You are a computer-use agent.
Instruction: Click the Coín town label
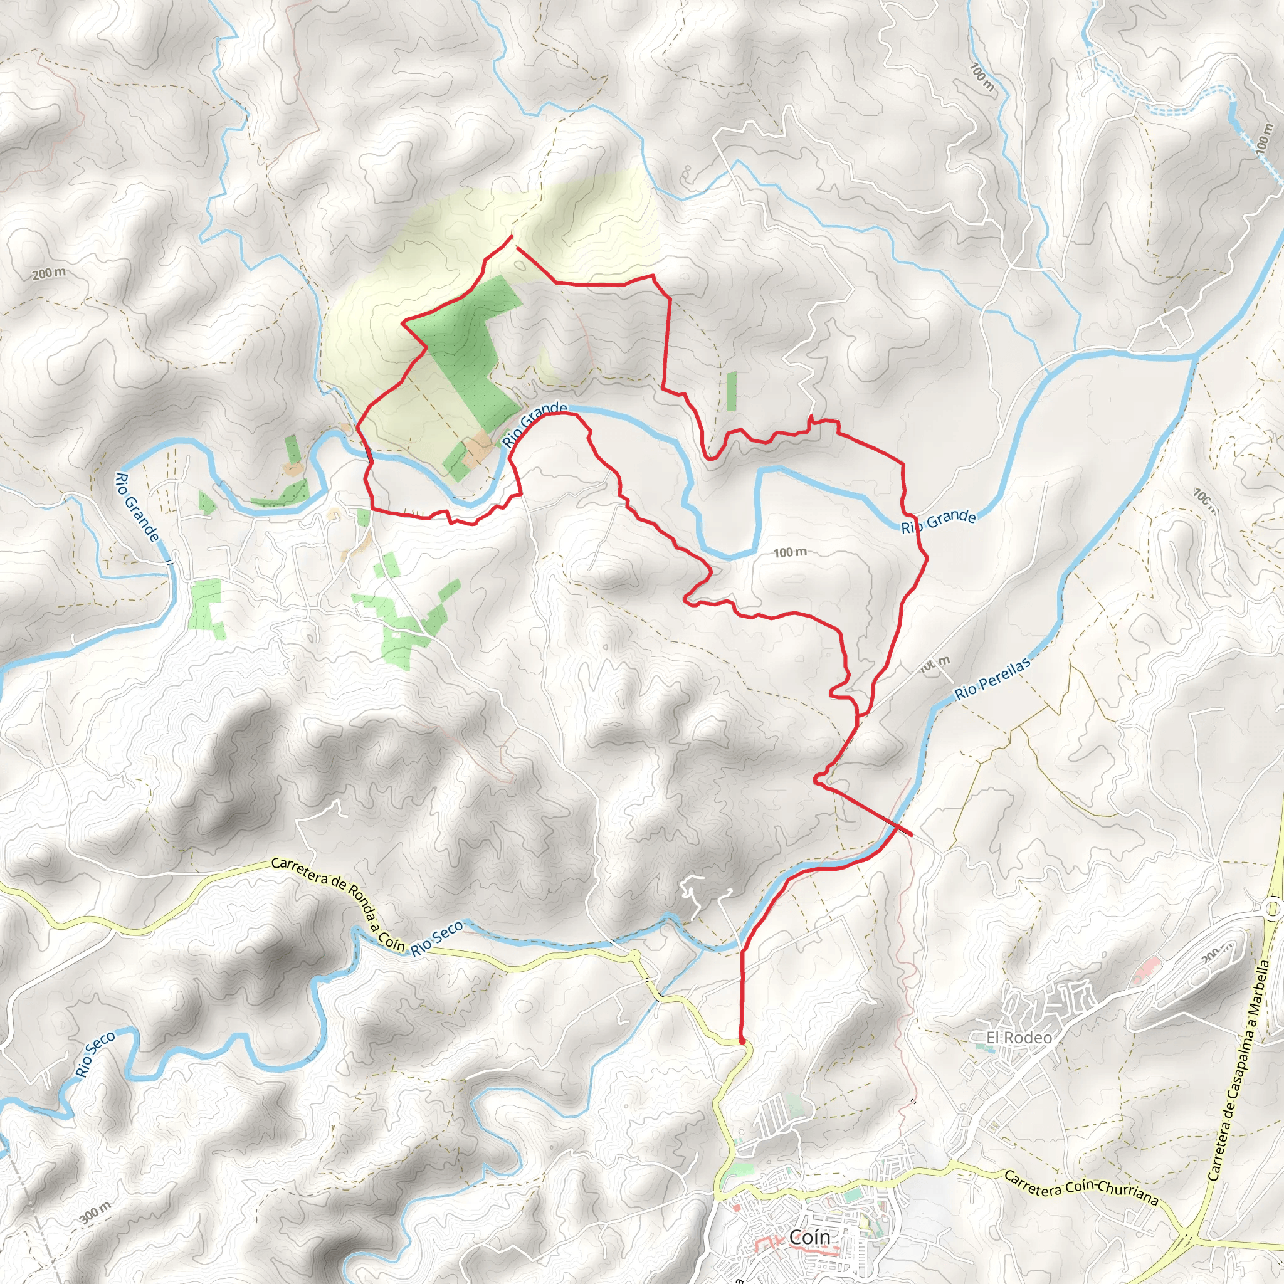coord(809,1237)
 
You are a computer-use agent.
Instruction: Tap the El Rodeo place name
coord(1018,1038)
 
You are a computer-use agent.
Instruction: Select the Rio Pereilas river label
coord(993,678)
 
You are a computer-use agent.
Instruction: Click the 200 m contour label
coord(49,273)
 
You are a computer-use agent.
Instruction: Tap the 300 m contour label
coord(95,1213)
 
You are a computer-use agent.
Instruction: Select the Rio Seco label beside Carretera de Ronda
coord(436,939)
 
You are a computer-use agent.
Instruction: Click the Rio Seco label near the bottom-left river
coord(95,1054)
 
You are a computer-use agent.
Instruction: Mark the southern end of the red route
coord(741,1041)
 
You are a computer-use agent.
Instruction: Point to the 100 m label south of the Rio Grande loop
coord(789,552)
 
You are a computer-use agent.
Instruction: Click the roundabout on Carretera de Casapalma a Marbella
coord(1272,908)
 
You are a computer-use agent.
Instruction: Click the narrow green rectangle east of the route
coord(731,391)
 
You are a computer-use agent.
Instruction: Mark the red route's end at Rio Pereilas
coord(912,834)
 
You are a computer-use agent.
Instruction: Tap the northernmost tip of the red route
coord(511,236)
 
